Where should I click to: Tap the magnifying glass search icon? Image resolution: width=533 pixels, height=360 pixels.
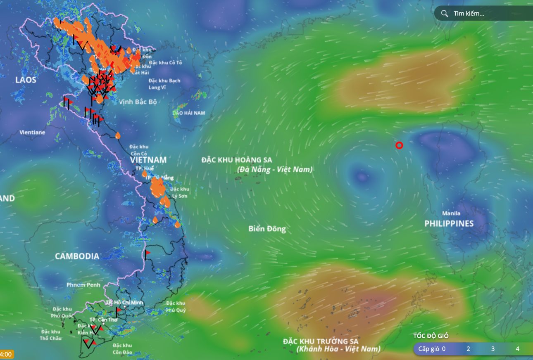pos(445,14)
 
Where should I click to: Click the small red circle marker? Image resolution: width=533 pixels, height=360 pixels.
pos(399,145)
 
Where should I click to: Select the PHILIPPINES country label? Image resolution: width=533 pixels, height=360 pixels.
pos(449,223)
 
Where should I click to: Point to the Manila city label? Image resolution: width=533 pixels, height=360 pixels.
pos(451,213)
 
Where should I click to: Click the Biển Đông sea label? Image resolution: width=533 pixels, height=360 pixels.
pos(267,229)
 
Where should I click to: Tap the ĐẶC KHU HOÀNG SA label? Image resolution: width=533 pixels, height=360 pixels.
pos(237,160)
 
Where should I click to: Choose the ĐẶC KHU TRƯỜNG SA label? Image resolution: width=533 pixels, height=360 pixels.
pos(321,341)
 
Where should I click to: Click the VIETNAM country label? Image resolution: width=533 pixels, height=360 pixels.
pos(148,160)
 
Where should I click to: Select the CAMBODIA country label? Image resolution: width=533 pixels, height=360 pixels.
pos(77,256)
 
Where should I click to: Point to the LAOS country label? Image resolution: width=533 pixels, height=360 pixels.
pos(26,80)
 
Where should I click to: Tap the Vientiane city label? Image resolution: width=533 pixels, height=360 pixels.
pos(32,133)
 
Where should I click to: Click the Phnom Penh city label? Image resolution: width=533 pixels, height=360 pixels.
pos(83,285)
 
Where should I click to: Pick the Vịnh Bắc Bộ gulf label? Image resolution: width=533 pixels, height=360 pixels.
pos(138,102)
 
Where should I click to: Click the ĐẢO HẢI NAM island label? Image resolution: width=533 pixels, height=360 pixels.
pos(189,113)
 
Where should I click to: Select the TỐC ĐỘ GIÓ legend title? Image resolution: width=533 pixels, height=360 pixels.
pos(431,336)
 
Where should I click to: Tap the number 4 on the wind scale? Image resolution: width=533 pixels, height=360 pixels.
pos(517,349)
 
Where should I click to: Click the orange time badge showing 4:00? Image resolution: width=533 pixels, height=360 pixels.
pos(7,354)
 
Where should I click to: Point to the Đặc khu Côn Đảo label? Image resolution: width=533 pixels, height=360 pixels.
pos(122,349)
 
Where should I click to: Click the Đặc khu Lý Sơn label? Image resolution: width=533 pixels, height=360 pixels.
pos(179,193)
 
